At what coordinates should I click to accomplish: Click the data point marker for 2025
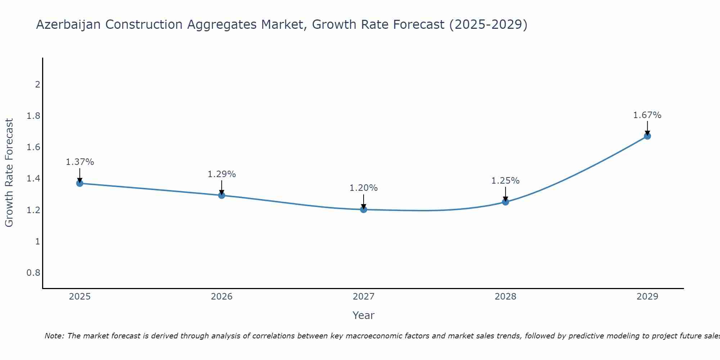click(x=80, y=183)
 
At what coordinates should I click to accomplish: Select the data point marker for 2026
click(x=222, y=195)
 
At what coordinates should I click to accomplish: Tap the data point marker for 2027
click(x=364, y=209)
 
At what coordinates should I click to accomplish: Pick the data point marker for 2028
click(x=505, y=202)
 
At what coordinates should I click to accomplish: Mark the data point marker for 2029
click(x=647, y=136)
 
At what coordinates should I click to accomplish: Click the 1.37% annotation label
click(x=80, y=162)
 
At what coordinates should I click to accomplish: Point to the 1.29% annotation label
click(x=222, y=174)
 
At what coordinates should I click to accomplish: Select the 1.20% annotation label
click(x=364, y=188)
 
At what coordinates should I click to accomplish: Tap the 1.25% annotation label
click(x=505, y=181)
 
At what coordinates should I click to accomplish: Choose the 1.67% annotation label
click(x=647, y=115)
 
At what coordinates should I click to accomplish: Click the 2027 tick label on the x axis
click(x=364, y=297)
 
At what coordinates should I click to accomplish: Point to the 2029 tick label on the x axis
click(x=647, y=297)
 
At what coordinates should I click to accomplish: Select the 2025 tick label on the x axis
click(x=80, y=297)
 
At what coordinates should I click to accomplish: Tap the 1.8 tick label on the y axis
click(x=33, y=116)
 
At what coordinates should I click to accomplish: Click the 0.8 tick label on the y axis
click(x=33, y=273)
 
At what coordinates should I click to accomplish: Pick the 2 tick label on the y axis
click(x=37, y=85)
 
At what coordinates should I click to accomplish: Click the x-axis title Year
click(x=364, y=315)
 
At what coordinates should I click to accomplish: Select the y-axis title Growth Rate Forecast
click(x=9, y=173)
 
